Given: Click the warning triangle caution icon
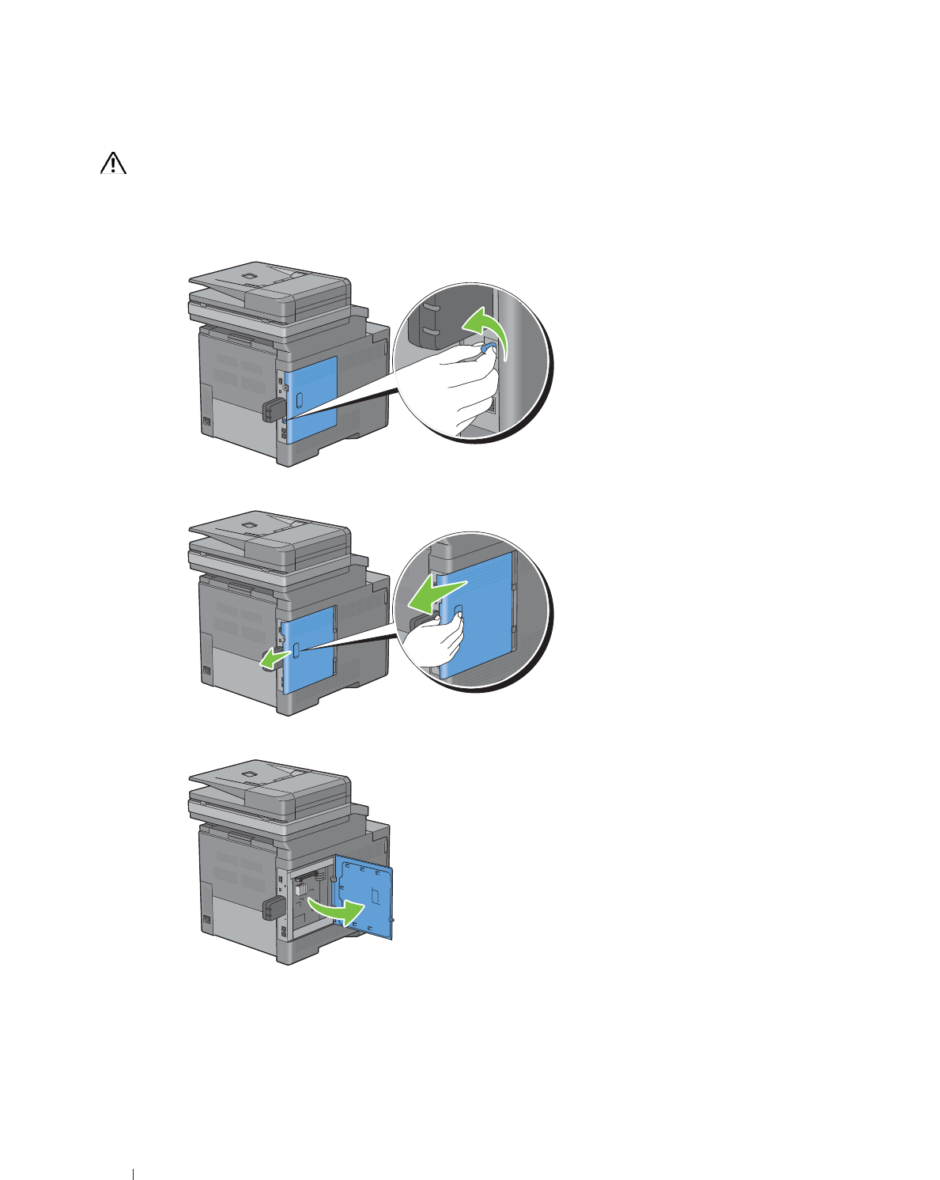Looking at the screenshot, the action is tap(114, 163).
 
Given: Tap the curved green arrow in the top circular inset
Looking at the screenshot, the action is tap(484, 328).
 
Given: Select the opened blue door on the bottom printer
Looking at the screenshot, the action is tap(364, 898).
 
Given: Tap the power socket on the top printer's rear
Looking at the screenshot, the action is tap(207, 422).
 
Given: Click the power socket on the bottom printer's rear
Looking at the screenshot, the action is tap(207, 920).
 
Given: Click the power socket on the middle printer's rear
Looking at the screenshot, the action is tap(207, 671).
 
